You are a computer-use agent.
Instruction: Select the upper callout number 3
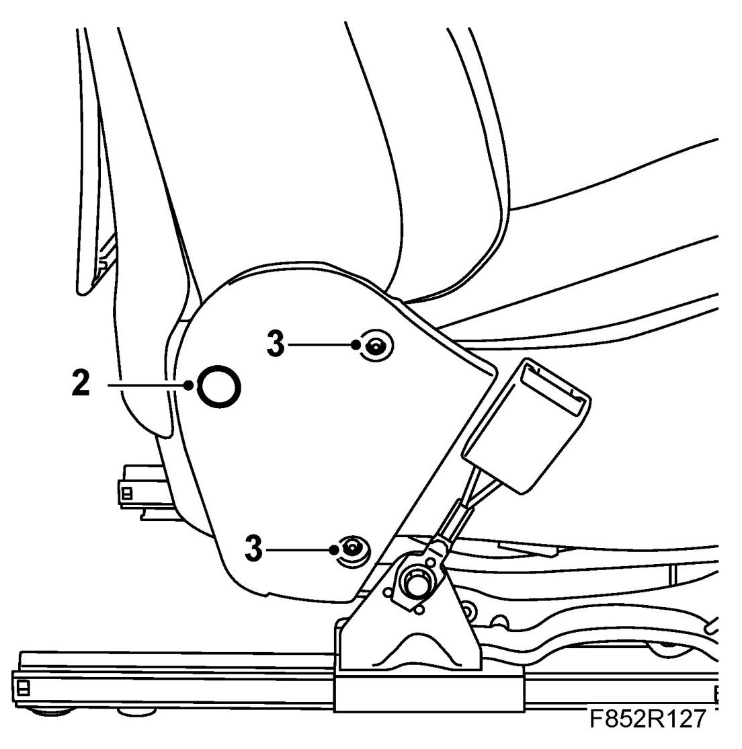coord(275,344)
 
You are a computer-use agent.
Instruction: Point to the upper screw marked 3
coord(374,346)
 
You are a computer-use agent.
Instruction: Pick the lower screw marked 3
coord(352,549)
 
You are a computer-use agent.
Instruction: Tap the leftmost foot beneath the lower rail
coord(42,710)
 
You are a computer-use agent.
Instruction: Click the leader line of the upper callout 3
coord(321,345)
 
